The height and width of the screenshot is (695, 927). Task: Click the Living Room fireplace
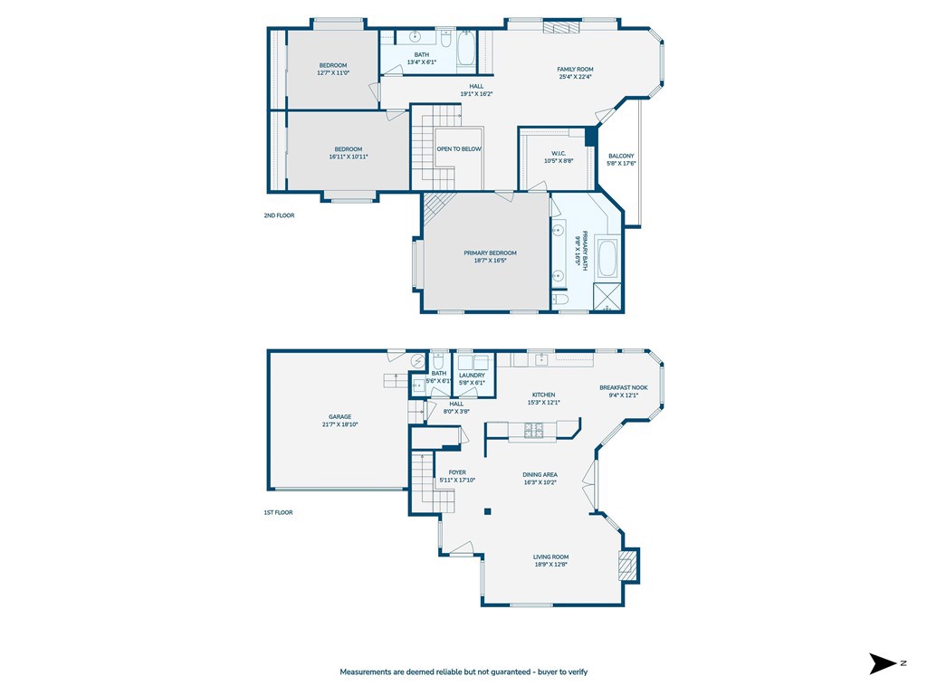pos(626,566)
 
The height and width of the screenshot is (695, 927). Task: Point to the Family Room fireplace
pos(561,27)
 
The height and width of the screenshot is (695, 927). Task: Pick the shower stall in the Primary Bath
pos(607,297)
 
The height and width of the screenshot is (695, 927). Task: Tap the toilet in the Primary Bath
pos(560,300)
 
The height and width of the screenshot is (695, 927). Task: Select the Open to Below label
pos(459,149)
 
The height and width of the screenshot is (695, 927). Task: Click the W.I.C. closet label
pos(559,153)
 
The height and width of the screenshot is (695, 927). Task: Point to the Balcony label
pos(621,156)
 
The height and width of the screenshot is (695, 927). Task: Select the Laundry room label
pos(472,375)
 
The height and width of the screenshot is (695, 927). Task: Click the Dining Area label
pos(540,474)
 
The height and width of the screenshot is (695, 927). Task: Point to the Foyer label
pos(457,472)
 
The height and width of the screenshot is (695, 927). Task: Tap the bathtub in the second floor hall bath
pos(466,49)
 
